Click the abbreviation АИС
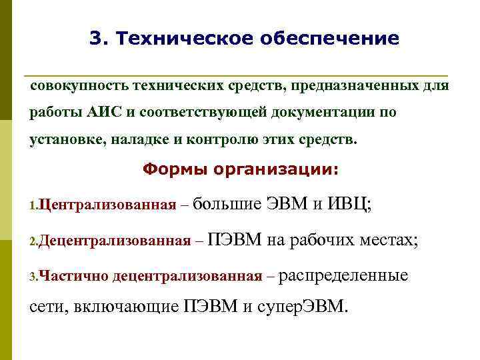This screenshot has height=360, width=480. pos(103,112)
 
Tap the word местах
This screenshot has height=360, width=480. pos(396,239)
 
